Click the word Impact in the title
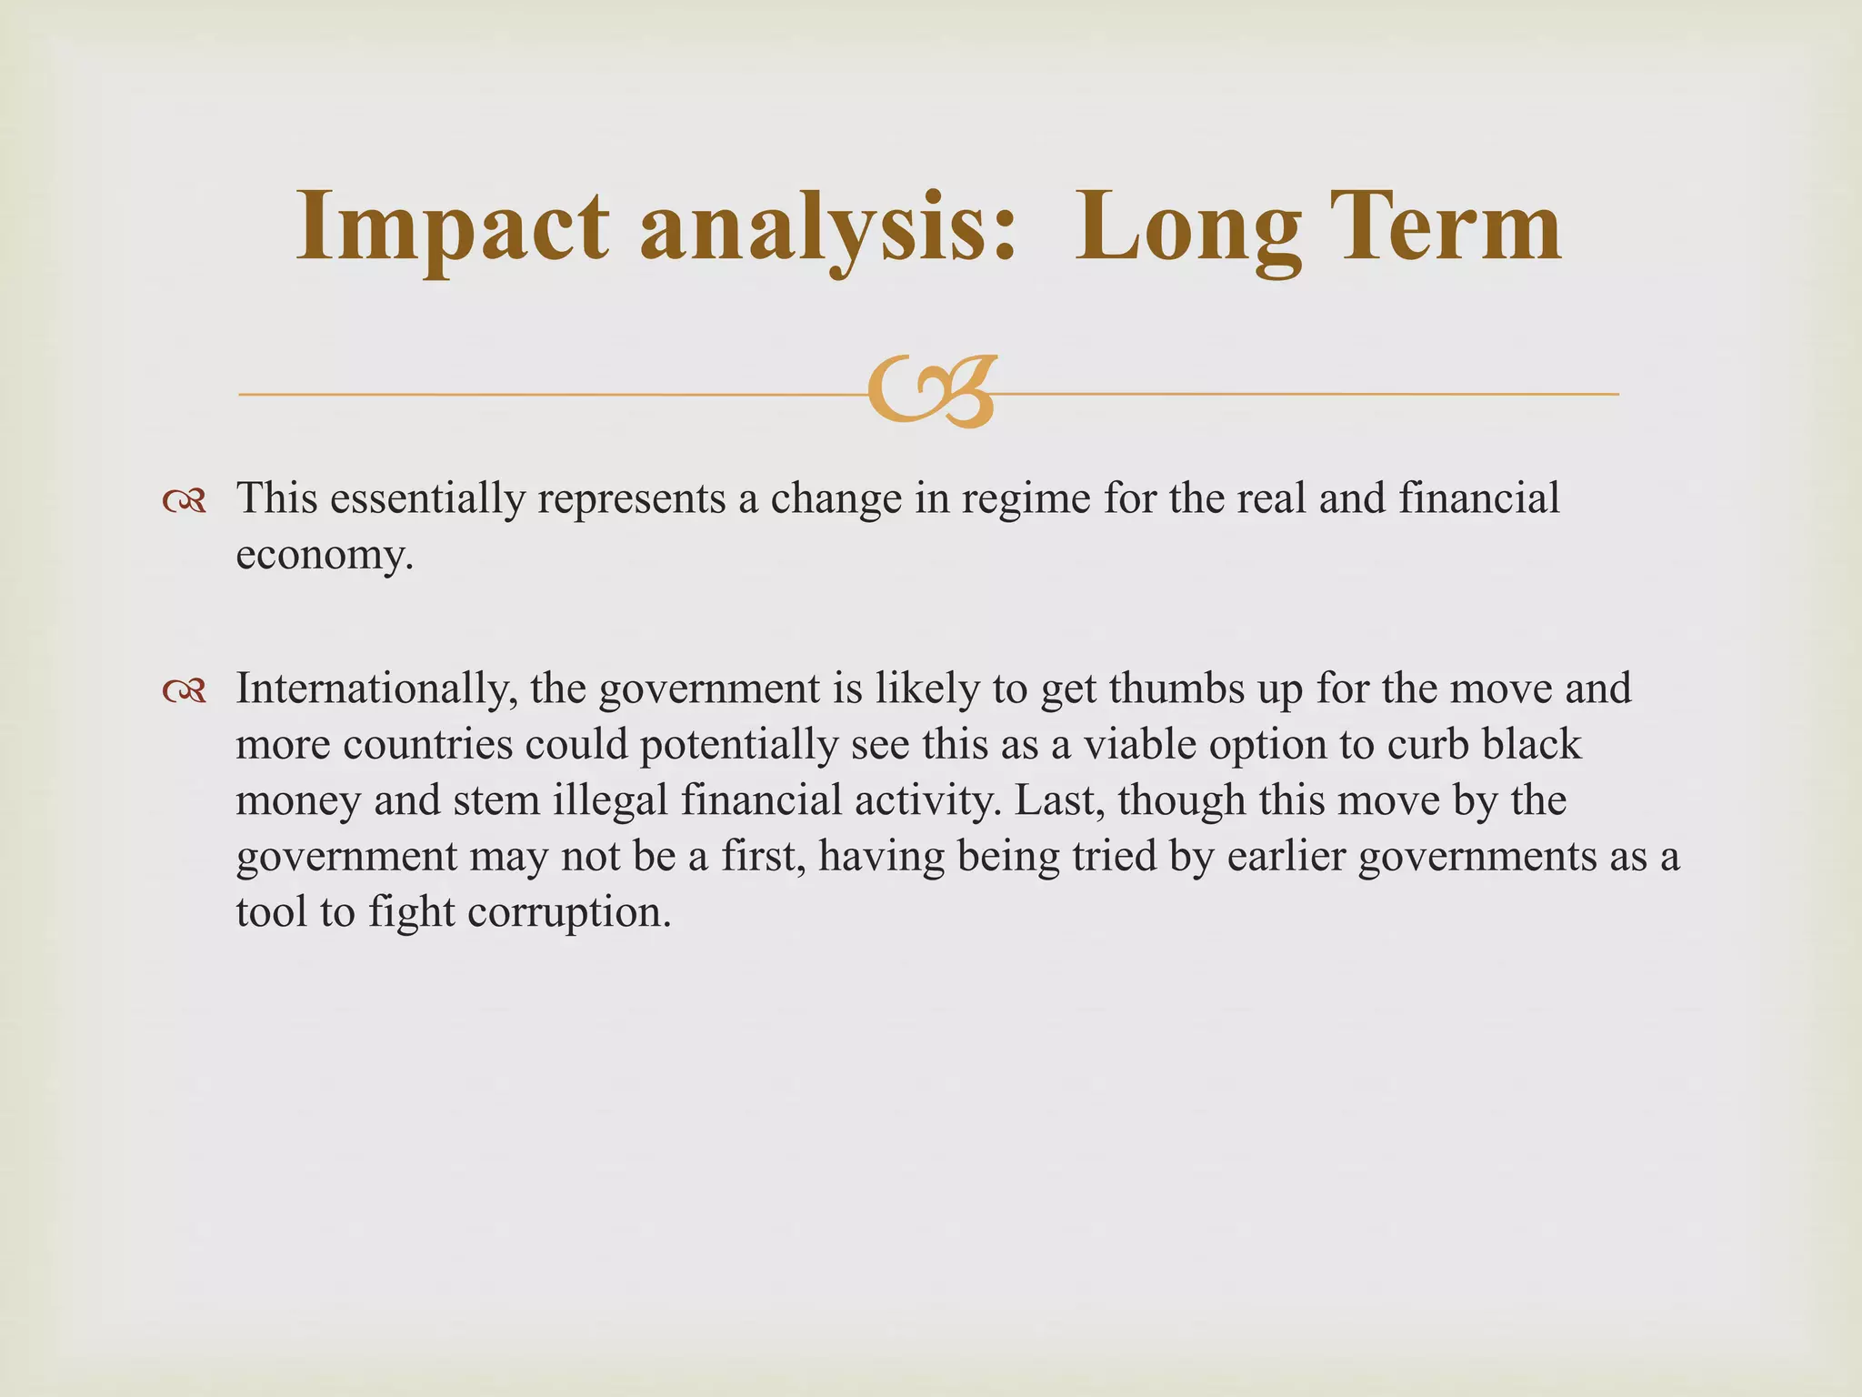[452, 227]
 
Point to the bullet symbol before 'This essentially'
[184, 501]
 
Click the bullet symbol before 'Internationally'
[184, 692]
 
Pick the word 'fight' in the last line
[410, 912]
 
